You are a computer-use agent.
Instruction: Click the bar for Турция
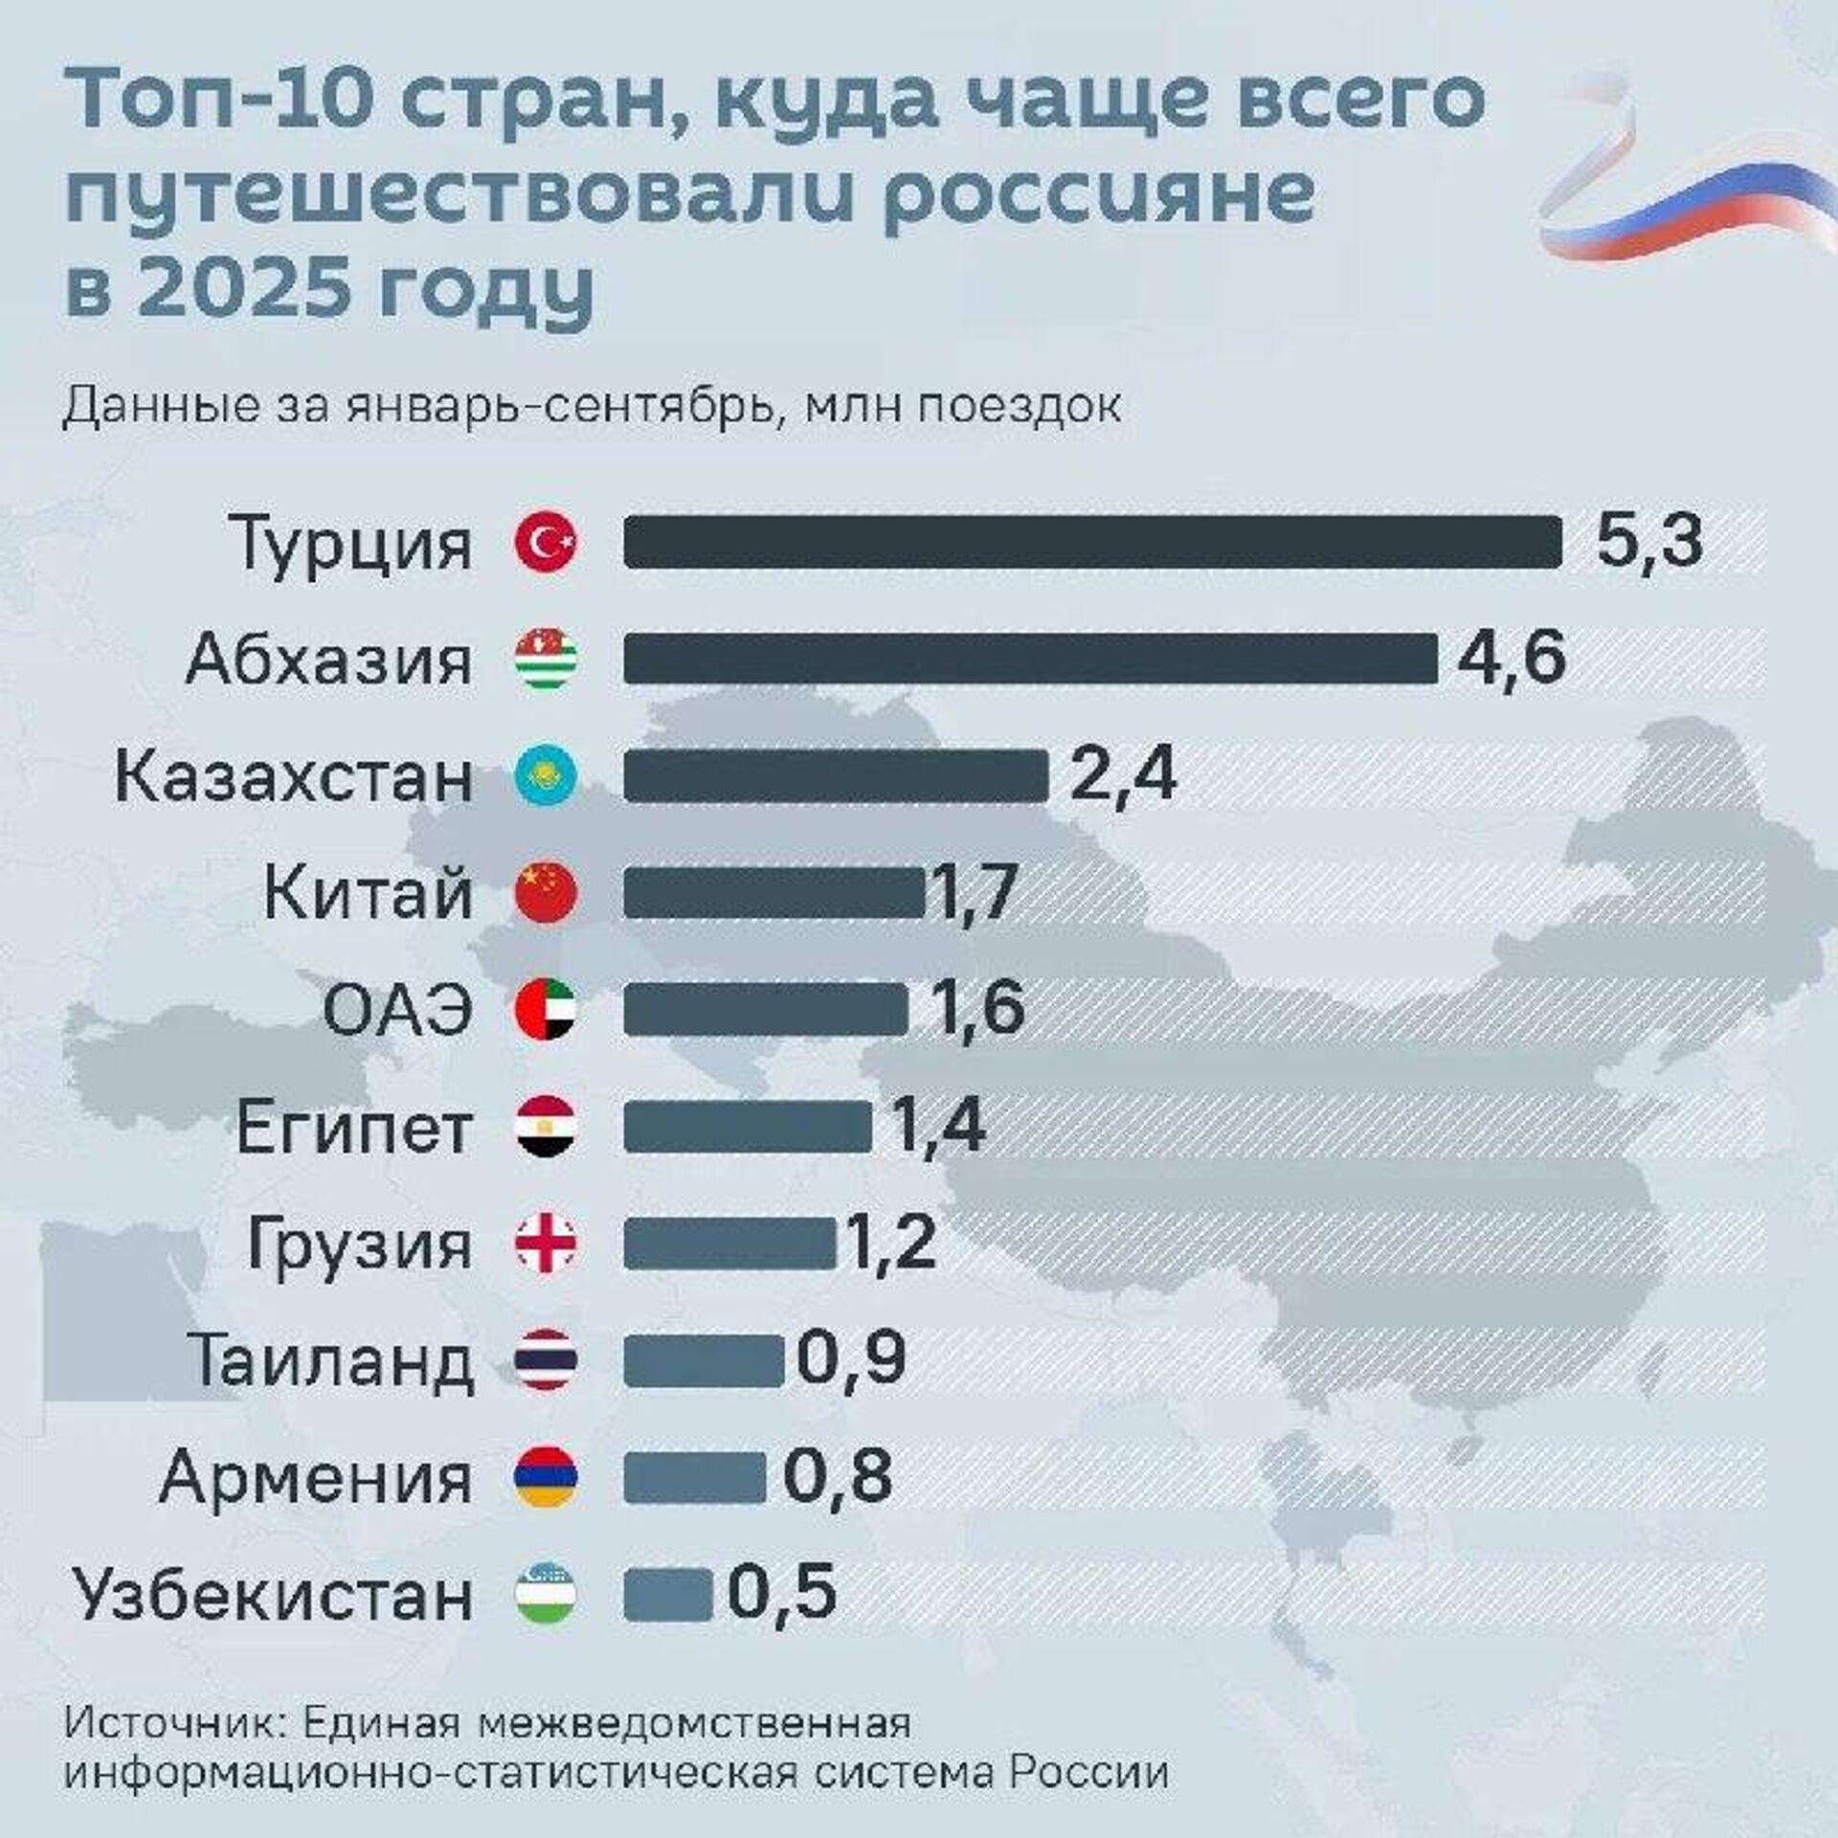[1091, 542]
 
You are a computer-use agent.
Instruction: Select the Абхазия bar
[1030, 659]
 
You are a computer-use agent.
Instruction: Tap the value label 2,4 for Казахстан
[1122, 776]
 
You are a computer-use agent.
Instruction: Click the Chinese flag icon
[546, 893]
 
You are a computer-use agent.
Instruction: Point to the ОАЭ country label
[397, 1012]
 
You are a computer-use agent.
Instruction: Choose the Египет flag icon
[546, 1129]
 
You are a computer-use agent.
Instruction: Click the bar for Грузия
[729, 1244]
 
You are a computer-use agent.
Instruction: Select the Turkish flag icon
[546, 543]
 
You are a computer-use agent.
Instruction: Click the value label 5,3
[1648, 542]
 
